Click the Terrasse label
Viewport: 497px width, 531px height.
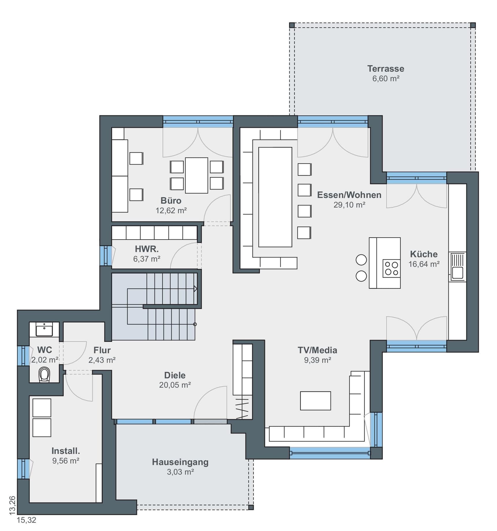(x=385, y=69)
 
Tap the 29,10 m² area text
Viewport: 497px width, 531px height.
(x=349, y=205)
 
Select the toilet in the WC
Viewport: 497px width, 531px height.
(x=44, y=374)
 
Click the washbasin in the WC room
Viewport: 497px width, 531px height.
(x=44, y=330)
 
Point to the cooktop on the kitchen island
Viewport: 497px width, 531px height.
(x=392, y=268)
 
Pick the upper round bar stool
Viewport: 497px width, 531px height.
(x=361, y=260)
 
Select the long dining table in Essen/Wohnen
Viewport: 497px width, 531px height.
(x=275, y=197)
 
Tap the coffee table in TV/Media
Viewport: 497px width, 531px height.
(x=315, y=401)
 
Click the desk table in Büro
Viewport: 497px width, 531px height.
(x=196, y=175)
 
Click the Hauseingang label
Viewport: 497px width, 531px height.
(x=180, y=462)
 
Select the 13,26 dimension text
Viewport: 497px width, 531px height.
(x=12, y=505)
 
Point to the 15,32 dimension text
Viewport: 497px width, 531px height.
(x=27, y=520)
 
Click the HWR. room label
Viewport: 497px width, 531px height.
(x=146, y=249)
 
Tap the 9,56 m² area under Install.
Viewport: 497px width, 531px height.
(x=66, y=461)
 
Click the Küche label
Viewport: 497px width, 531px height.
(x=424, y=254)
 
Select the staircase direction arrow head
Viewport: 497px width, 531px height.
(x=196, y=289)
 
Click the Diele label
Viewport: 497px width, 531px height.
(x=175, y=375)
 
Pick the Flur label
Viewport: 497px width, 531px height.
(x=102, y=350)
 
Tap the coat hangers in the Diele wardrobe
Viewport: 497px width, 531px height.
(x=242, y=408)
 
